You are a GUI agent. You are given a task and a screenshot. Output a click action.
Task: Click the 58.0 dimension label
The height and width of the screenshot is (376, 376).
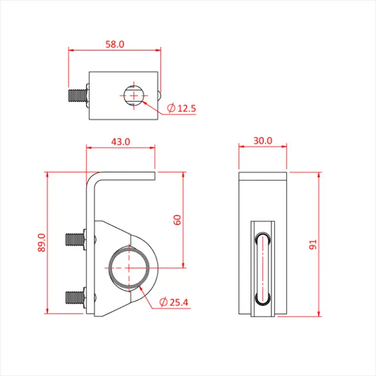115,44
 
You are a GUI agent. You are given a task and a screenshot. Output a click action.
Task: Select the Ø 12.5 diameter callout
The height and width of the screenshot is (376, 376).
182,109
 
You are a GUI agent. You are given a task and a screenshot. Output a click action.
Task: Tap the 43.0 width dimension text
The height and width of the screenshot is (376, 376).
120,142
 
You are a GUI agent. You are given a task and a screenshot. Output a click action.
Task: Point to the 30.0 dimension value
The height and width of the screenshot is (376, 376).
263,140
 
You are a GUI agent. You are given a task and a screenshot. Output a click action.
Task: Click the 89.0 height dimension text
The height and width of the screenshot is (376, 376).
41,243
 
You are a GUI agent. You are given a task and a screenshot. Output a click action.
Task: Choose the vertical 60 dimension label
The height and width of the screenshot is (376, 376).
177,220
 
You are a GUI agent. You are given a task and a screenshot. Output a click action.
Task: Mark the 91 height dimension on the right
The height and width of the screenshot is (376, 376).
313,243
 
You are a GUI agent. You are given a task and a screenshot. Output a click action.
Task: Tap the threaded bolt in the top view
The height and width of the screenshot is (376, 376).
76,95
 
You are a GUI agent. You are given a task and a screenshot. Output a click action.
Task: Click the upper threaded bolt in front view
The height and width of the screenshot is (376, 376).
73,239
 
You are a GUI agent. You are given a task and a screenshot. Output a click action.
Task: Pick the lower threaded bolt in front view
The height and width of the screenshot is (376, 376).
73,297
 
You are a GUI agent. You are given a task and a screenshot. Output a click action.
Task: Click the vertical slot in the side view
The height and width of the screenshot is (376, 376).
262,268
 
